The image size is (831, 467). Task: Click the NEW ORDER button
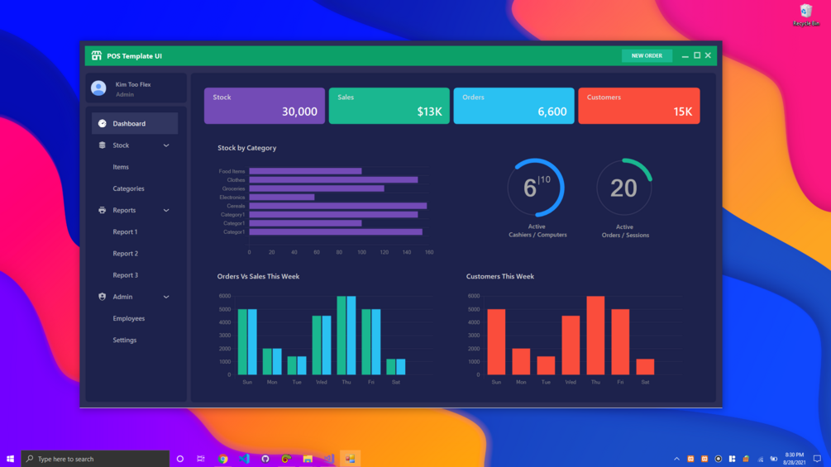pos(647,56)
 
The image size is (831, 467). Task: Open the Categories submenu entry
pos(128,188)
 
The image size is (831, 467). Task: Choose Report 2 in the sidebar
pos(125,254)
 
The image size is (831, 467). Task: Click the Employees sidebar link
pos(128,318)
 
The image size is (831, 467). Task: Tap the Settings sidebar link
pos(125,340)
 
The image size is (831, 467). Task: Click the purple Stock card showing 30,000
pos(265,106)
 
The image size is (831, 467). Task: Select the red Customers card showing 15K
pos(638,106)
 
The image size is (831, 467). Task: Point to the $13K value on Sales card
pos(429,112)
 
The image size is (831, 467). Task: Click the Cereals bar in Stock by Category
pos(337,206)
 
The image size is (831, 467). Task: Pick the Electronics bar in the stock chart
pos(281,198)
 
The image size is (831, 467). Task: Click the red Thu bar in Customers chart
pos(595,336)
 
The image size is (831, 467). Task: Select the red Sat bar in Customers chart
pos(645,367)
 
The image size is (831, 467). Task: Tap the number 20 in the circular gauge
pos(623,188)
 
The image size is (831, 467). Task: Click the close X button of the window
pos(708,55)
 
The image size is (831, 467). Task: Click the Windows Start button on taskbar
pos(10,459)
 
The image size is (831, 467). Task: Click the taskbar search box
pos(95,459)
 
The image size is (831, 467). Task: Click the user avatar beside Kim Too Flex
pos(98,88)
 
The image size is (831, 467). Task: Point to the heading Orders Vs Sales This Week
pos(258,276)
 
